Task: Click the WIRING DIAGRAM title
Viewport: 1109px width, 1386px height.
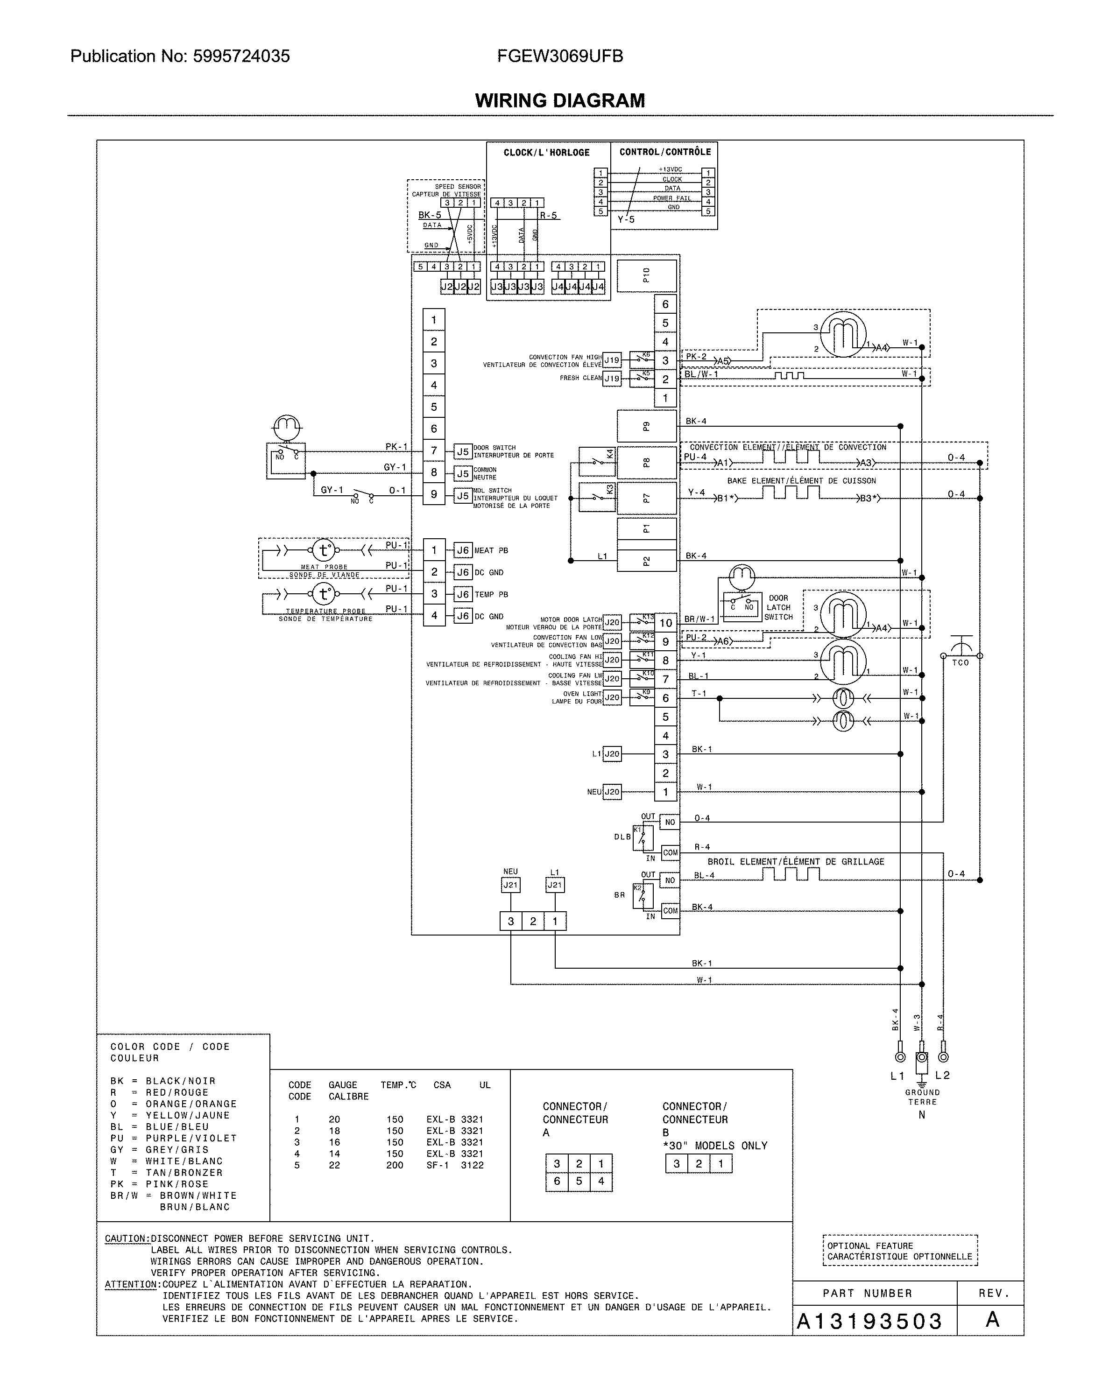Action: [559, 100]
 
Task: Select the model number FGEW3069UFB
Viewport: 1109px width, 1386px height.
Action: [559, 56]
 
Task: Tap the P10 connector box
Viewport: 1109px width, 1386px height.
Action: [646, 276]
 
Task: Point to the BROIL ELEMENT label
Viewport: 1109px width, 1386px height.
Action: [795, 861]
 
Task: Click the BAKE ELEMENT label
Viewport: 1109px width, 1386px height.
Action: [801, 481]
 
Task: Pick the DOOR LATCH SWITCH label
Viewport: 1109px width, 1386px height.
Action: [778, 607]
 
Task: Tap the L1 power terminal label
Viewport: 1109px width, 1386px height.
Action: [897, 1076]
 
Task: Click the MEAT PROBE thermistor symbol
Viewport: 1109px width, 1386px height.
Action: [324, 550]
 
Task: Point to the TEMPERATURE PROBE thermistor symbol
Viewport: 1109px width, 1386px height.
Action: [324, 593]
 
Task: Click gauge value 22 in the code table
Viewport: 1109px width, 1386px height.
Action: [334, 1165]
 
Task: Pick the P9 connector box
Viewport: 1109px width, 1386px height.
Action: [646, 426]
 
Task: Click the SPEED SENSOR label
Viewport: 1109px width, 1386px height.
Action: [457, 186]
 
